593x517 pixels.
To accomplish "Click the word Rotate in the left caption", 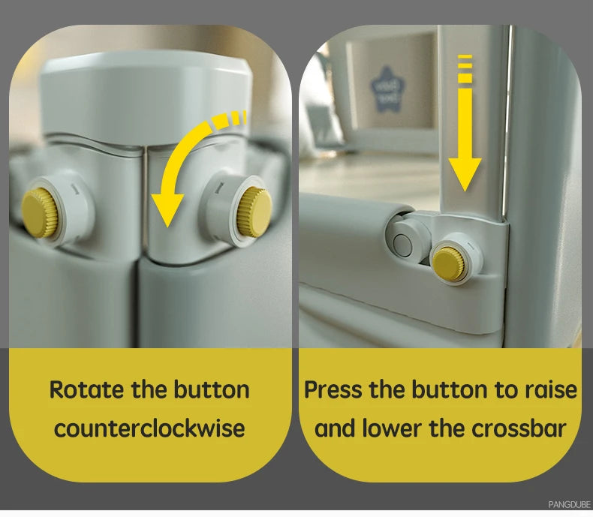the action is (87, 389).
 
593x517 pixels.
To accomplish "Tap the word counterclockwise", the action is (150, 428).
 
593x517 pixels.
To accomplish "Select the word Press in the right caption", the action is (333, 389).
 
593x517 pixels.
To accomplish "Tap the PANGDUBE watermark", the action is (569, 504).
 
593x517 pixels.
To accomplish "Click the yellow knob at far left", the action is (39, 214).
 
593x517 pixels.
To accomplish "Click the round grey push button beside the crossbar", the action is (402, 245).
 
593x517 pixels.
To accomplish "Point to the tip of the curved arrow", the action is (167, 227).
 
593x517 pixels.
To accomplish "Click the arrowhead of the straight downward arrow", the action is (465, 174).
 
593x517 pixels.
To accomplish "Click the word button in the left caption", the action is (212, 389).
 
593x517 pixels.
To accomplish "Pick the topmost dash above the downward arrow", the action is (465, 57).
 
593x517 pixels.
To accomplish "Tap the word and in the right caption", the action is (336, 428).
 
